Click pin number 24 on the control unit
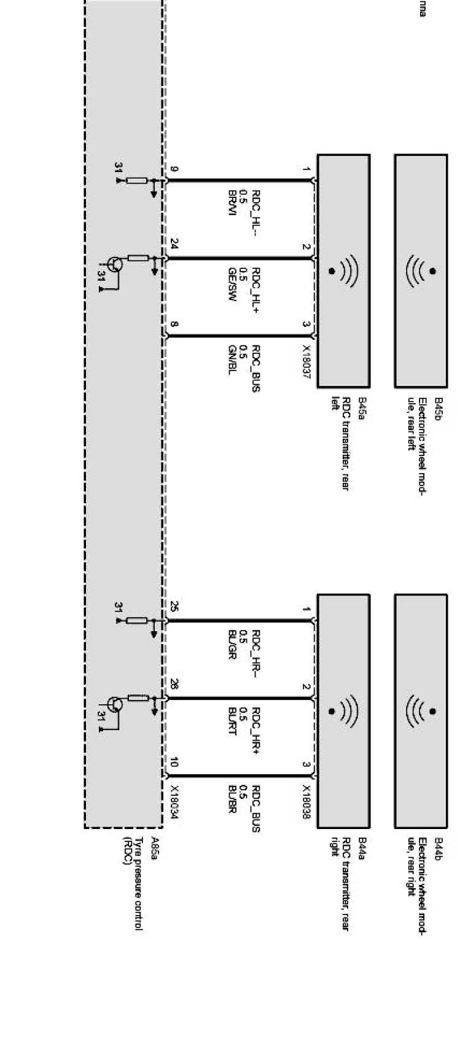click(x=174, y=246)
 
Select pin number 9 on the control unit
click(x=174, y=170)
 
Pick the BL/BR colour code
click(x=233, y=800)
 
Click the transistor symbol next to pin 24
click(x=114, y=264)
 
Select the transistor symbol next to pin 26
click(x=114, y=704)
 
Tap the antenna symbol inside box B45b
click(x=421, y=270)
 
